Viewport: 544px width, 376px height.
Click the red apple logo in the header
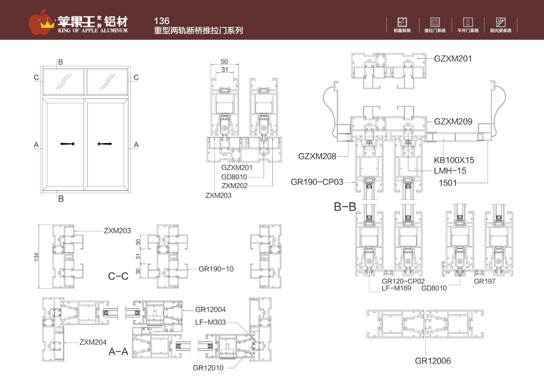(41, 20)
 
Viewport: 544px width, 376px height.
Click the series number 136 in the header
(161, 21)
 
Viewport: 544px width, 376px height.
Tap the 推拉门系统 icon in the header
(435, 22)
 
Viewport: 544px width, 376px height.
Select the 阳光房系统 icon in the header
(501, 22)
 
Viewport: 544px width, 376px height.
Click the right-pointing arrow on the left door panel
(68, 144)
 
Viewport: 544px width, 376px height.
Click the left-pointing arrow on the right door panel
(104, 144)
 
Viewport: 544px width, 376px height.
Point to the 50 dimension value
(224, 62)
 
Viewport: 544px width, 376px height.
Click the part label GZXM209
(453, 121)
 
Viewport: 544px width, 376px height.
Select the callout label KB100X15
(454, 160)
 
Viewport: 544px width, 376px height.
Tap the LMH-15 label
(450, 171)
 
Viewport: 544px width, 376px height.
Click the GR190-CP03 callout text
(317, 182)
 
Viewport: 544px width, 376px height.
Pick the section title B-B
(345, 207)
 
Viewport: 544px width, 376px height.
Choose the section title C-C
(118, 276)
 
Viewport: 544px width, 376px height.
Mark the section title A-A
(118, 352)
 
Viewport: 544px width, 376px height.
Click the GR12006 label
(433, 361)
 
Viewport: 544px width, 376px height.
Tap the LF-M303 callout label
(210, 322)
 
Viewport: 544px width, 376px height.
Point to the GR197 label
(485, 281)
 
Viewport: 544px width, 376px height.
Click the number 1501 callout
(448, 183)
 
